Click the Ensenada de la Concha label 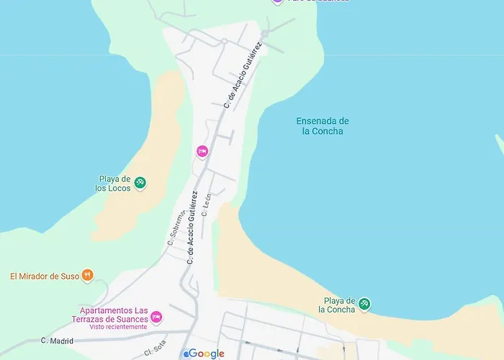point(323,126)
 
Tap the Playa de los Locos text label point(114,184)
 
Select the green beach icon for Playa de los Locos point(140,183)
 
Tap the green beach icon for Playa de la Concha point(365,304)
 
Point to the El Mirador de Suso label point(45,276)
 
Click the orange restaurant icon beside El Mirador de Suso point(87,275)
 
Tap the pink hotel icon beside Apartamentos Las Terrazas point(156,317)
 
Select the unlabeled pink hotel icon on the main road point(202,151)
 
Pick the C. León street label point(207,205)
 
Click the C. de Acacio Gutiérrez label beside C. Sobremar point(192,228)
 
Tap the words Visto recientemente point(118,326)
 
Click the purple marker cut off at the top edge point(277,1)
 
